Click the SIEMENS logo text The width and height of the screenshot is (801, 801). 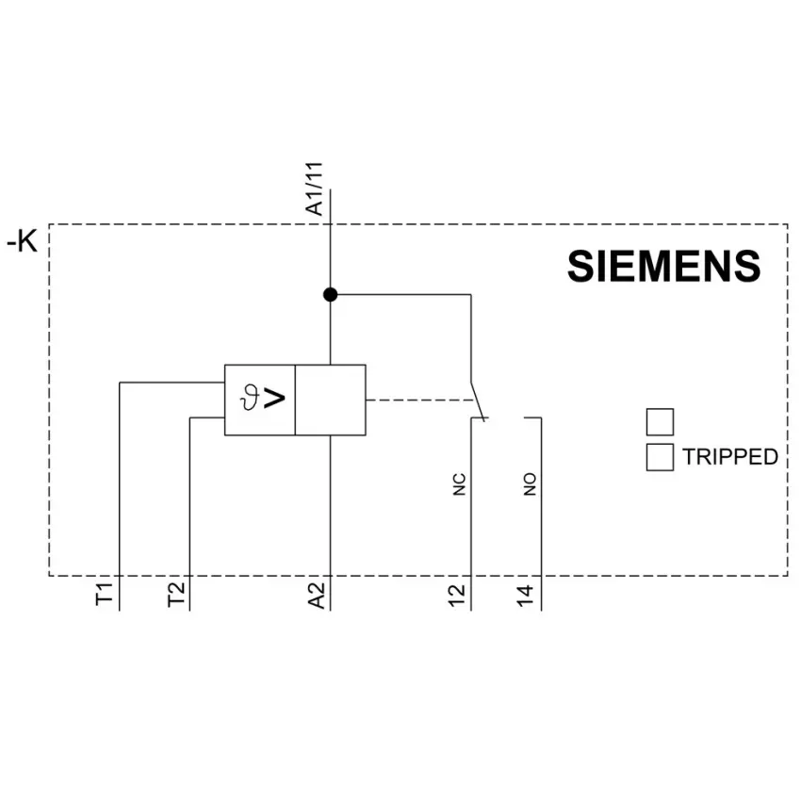click(663, 266)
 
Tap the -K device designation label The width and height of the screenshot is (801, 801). click(22, 240)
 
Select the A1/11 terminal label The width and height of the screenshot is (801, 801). click(314, 189)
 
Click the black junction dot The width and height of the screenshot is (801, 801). click(331, 295)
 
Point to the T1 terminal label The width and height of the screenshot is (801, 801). click(105, 594)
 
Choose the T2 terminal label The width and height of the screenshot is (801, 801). click(175, 594)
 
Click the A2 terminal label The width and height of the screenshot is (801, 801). click(317, 596)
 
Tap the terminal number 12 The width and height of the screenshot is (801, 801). click(457, 596)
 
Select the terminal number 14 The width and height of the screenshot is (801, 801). click(525, 596)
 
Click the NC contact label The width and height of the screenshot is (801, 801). click(459, 484)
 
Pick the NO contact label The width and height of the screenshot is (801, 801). click(530, 484)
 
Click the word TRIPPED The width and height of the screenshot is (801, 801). click(730, 457)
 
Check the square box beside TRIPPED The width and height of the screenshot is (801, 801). click(660, 457)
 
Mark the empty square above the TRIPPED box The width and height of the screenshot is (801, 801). click(660, 422)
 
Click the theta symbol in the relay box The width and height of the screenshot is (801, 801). click(250, 398)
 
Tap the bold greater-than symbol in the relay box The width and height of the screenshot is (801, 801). click(274, 398)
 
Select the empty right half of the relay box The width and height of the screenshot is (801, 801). click(331, 400)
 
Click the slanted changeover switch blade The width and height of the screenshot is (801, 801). click(477, 401)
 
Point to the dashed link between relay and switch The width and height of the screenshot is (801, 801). click(420, 400)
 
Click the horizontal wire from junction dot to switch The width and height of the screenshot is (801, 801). click(400, 295)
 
